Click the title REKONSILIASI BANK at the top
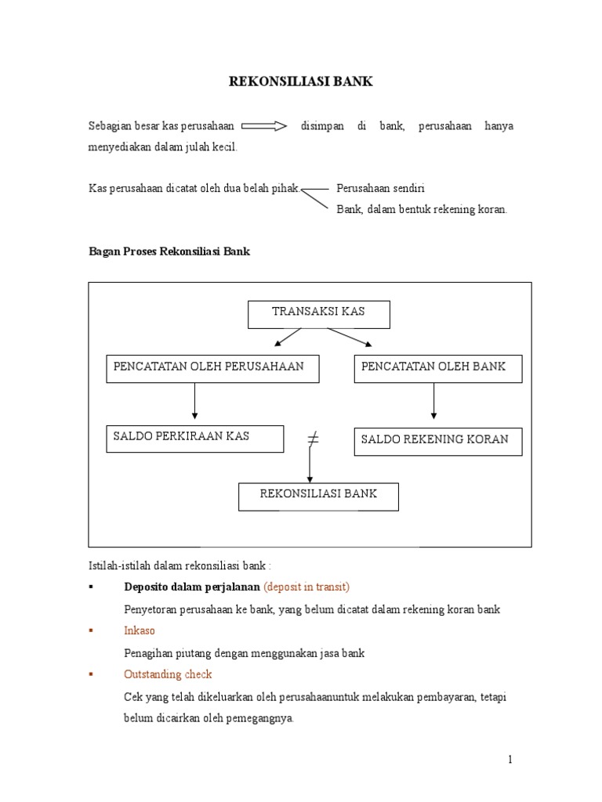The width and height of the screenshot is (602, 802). pyautogui.click(x=301, y=81)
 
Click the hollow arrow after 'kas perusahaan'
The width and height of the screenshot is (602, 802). pyautogui.click(x=264, y=126)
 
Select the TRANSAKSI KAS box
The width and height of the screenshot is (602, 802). pyautogui.click(x=318, y=314)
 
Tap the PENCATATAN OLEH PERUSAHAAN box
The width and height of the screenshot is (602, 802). pyautogui.click(x=212, y=368)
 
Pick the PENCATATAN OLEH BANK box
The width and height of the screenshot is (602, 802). pyautogui.click(x=437, y=368)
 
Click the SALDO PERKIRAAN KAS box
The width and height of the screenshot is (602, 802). pyautogui.click(x=194, y=438)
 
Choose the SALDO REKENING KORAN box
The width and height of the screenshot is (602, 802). pyautogui.click(x=437, y=441)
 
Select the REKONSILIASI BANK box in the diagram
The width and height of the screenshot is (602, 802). pyautogui.click(x=318, y=496)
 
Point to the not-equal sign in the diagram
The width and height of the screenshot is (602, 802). pyautogui.click(x=313, y=440)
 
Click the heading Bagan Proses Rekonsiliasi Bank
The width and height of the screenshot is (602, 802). pyautogui.click(x=169, y=252)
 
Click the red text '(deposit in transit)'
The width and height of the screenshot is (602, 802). pyautogui.click(x=306, y=587)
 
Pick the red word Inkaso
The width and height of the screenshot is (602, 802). pyautogui.click(x=140, y=630)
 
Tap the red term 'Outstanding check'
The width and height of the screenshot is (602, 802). pyautogui.click(x=168, y=674)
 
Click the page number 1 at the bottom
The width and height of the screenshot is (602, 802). pyautogui.click(x=510, y=759)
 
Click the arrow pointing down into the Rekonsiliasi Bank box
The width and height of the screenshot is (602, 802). pyautogui.click(x=310, y=468)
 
